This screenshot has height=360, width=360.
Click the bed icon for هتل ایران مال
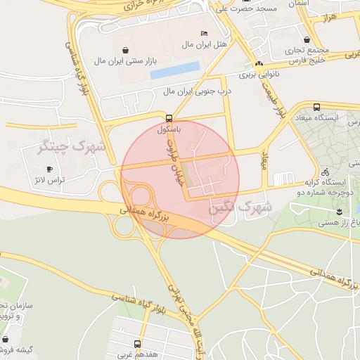pos(204,34)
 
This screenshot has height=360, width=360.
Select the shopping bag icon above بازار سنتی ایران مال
pos(125,50)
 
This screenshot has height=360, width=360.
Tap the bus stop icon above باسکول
pos(169,118)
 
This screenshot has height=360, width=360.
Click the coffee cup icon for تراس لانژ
pos(49,169)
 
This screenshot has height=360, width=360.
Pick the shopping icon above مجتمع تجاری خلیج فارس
pos(307,40)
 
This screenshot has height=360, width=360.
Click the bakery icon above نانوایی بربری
pos(259,63)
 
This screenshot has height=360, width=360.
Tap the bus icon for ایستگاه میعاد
pos(316,106)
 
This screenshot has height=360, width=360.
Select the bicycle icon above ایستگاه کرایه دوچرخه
pos(324,172)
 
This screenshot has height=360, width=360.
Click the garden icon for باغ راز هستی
pos(339,212)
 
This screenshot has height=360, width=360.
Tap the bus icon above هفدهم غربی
pos(137,345)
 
